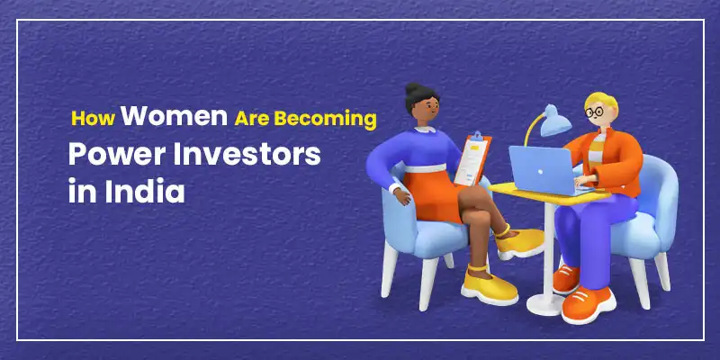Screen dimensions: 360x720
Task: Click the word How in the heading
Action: (93, 119)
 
